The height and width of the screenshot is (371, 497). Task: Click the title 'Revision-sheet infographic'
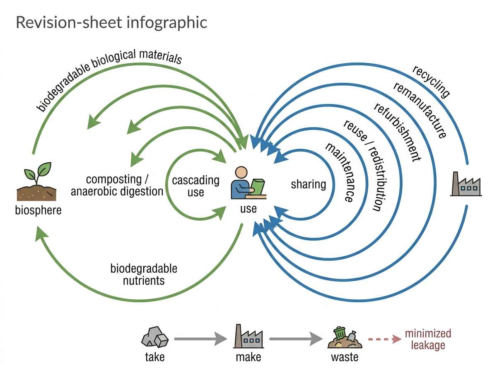111,22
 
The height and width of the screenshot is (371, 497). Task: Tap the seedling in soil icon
37,181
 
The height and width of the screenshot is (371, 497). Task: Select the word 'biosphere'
38,210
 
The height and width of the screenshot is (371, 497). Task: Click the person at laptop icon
248,183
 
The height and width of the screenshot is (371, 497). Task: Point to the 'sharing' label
309,184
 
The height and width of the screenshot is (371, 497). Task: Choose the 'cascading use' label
195,186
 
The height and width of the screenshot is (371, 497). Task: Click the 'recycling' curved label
431,82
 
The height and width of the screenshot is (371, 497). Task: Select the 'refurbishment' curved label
397,132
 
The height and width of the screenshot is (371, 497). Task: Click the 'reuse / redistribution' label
365,166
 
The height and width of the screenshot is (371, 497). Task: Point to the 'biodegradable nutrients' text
144,275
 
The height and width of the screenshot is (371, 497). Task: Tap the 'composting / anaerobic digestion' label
117,185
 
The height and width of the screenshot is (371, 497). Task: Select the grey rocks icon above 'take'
155,337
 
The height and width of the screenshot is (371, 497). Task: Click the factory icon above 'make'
248,336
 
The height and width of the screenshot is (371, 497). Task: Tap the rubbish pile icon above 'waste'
345,337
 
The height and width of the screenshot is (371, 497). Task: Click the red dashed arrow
385,339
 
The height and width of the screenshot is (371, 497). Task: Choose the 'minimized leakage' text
428,340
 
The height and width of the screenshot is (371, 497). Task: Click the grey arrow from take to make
200,339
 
